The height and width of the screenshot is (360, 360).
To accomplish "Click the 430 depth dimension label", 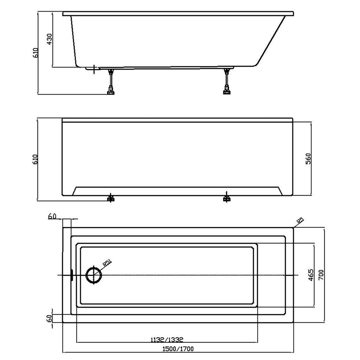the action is pos(49,39).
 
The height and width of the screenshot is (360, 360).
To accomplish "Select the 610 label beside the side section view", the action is pos(36,53).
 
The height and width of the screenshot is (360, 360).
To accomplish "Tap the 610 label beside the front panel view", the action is pos(36,159).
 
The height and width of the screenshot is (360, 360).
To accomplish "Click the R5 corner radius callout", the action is pos(300,221).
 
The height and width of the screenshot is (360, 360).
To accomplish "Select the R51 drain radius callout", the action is pos(107,262).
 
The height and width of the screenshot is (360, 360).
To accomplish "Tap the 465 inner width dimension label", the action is pos(310,275).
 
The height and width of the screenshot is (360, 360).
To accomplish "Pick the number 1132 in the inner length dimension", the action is pos(158,339).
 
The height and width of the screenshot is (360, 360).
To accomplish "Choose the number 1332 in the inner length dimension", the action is pos(176,339).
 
